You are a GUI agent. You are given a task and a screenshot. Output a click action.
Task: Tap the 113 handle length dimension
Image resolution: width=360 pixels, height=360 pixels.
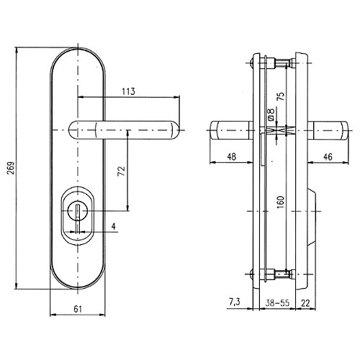coord(129,91)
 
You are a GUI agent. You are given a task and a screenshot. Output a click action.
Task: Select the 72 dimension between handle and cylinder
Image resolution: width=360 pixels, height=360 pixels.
coord(122,171)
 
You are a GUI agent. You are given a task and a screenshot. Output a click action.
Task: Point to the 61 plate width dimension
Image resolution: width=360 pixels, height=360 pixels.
coord(78,309)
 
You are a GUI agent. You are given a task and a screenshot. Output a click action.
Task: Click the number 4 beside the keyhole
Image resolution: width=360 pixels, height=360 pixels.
coord(114,226)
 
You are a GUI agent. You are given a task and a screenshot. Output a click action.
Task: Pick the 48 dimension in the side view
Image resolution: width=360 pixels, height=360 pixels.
coord(232,157)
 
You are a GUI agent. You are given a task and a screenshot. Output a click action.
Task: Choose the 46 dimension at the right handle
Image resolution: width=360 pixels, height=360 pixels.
coord(328,157)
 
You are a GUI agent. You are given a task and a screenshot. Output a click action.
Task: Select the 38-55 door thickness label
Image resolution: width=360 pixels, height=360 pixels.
coord(277,303)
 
